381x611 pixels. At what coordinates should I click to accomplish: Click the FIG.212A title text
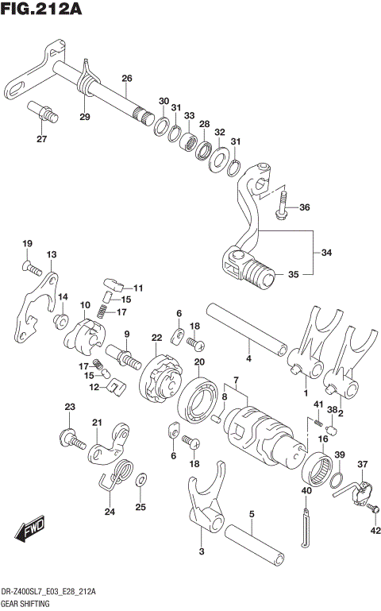click(44, 10)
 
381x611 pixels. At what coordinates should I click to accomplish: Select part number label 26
click(126, 77)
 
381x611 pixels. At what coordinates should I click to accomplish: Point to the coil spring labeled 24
click(120, 476)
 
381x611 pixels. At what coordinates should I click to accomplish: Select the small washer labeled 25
click(140, 480)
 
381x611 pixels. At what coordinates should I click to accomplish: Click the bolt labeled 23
click(71, 437)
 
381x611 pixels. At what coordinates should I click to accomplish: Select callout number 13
click(52, 254)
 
